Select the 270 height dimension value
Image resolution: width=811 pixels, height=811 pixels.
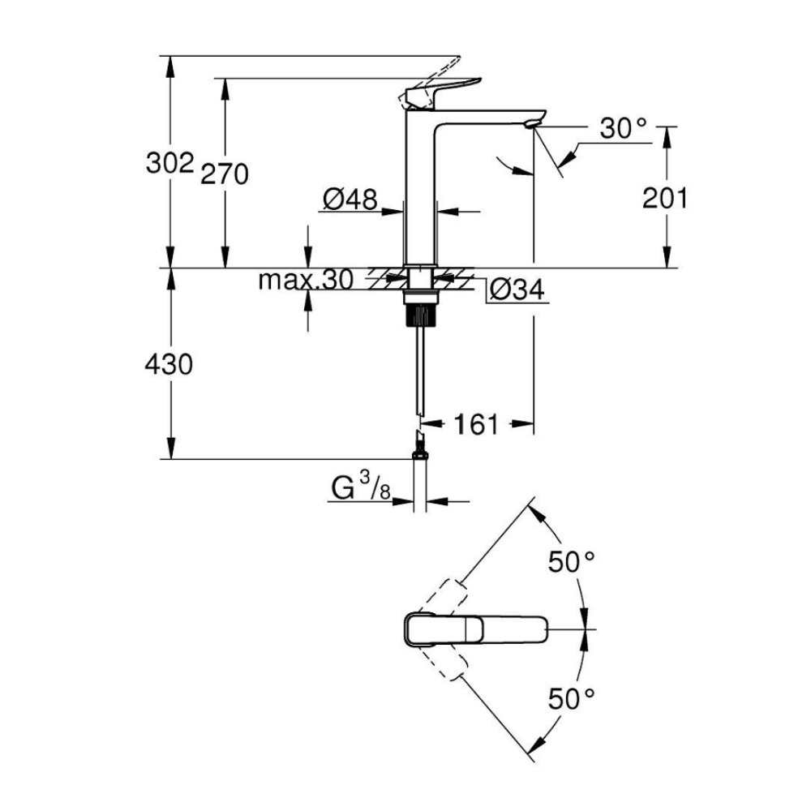[x=225, y=173]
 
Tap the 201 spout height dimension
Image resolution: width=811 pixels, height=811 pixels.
[x=664, y=197]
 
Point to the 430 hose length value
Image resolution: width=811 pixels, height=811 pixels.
[x=169, y=364]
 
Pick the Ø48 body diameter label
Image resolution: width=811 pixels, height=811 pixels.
[x=350, y=199]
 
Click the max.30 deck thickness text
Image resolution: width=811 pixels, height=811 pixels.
[x=305, y=281]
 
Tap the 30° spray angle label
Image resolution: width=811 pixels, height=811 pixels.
[x=624, y=127]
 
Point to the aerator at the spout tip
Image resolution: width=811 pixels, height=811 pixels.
[x=531, y=122]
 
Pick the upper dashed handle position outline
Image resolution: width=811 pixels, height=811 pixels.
[x=442, y=597]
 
